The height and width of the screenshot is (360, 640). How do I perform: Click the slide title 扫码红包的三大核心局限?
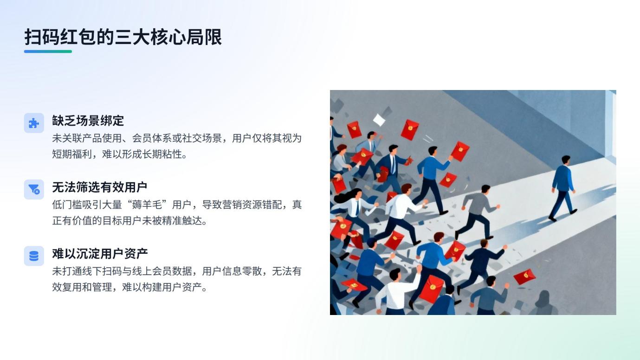(123, 37)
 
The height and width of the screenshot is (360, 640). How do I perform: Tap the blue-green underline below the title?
(48, 51)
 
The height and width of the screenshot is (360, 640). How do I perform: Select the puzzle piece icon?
(34, 123)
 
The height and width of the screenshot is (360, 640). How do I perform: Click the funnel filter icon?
(34, 189)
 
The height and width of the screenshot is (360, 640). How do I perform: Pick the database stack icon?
(34, 256)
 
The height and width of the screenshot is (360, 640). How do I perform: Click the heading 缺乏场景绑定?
(88, 121)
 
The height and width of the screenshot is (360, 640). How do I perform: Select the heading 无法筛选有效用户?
(99, 187)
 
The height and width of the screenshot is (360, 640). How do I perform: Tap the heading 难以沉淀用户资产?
(100, 253)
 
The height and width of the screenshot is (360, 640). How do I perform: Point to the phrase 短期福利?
(72, 154)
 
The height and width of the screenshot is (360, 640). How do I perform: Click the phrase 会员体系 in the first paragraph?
(152, 138)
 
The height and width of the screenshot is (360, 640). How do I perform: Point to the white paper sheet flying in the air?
(379, 120)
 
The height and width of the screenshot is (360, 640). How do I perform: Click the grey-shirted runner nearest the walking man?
(477, 212)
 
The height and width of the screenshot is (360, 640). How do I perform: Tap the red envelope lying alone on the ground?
(524, 276)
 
